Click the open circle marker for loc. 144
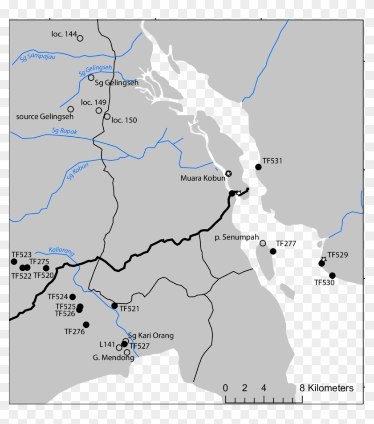(80, 38)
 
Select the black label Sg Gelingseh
(117, 83)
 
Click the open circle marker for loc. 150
(107, 117)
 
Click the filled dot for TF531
(258, 167)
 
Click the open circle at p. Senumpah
(263, 243)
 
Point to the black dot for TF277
(273, 252)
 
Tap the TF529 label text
(337, 256)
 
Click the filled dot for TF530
(332, 275)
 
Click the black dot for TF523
(13, 261)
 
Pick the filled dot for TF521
(114, 306)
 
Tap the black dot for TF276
(86, 325)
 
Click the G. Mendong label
(107, 357)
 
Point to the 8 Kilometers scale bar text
(327, 388)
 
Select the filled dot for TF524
(73, 297)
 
